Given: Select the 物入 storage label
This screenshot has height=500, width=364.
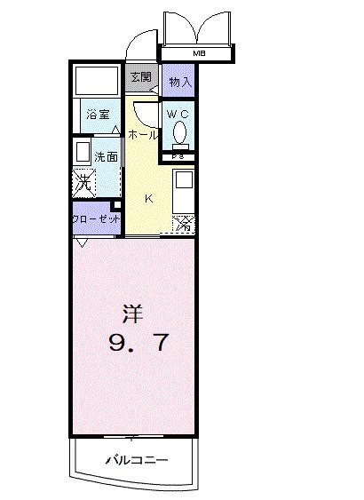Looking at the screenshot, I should pos(179,82).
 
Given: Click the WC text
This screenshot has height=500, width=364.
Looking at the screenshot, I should pos(176,114).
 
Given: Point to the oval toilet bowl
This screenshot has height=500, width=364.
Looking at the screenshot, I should pos(181,133).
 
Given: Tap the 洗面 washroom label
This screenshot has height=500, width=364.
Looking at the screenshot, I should pos(107,155).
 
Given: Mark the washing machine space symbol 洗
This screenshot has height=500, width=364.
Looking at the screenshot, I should pos(83,183).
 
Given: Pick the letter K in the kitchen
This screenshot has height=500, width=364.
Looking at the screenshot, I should pos(149,199).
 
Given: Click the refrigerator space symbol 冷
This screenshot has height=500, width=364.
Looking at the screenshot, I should pos(184,224).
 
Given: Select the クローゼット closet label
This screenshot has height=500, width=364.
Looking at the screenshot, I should pos(96,217).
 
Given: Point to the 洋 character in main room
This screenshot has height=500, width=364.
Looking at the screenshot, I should pos(131,313).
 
